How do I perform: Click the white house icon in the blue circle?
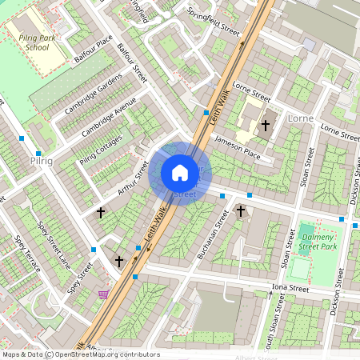pos(180,173)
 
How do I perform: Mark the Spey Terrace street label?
pos(26,254)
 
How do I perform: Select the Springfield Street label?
pos(213,22)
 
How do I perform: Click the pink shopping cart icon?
pos(102,294)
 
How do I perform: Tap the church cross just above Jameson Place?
pos(265,125)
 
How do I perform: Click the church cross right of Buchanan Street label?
pos(240,211)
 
